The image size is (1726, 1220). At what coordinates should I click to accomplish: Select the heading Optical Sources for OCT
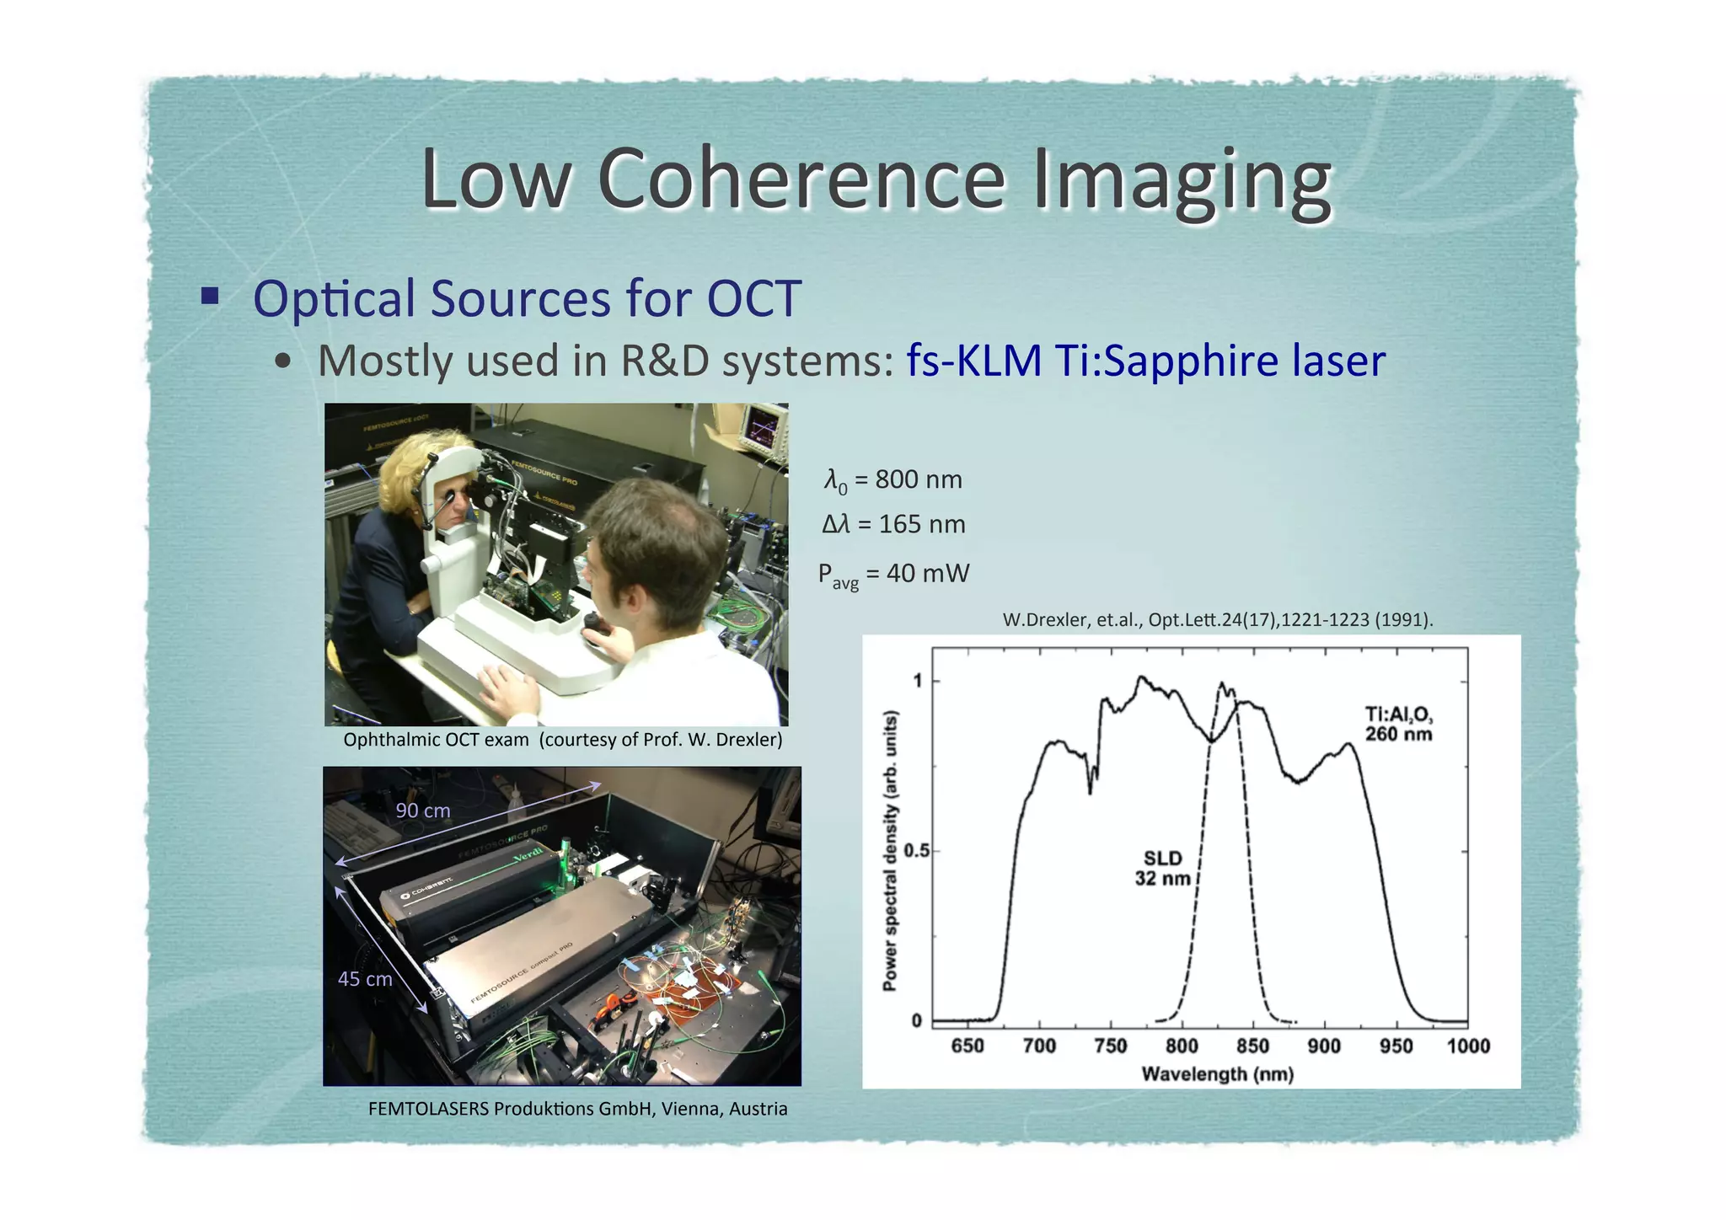coord(526,298)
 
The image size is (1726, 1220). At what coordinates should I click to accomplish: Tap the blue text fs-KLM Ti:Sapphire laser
coord(1145,361)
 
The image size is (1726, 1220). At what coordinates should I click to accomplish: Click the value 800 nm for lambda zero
coord(918,479)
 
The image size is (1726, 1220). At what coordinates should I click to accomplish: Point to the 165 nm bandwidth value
coord(921,524)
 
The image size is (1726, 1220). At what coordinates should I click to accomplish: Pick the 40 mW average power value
coord(927,574)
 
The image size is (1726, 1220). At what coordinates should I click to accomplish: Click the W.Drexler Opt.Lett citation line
coord(1217,620)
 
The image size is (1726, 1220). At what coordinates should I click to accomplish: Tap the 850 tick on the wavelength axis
coord(1252,1046)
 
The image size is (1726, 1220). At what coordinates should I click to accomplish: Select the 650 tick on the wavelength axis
coord(967,1046)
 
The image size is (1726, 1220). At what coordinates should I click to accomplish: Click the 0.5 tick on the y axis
coord(916,851)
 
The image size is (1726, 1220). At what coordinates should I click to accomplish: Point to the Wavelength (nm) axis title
coord(1217,1074)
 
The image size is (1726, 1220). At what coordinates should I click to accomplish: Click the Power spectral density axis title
coord(890,851)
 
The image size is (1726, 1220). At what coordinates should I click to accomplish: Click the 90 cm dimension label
coord(423,811)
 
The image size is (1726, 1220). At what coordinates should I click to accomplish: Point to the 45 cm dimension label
coord(365,979)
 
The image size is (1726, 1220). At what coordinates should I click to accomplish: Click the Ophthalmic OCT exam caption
coord(562,740)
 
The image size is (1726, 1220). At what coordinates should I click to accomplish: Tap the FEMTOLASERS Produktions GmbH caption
coord(577,1109)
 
